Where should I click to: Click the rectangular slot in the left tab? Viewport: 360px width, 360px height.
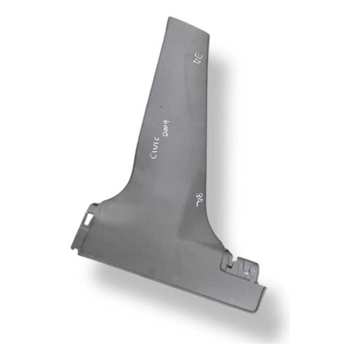pos(88,220)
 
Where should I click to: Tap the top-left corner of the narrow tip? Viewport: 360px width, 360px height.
pos(167,17)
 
